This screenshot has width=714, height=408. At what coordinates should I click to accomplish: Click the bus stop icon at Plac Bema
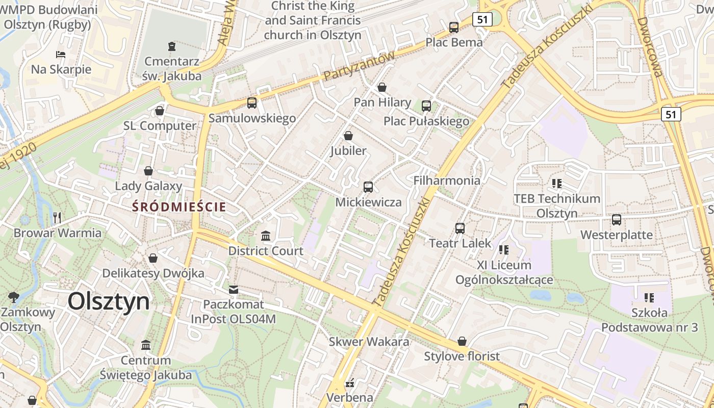[x=453, y=28]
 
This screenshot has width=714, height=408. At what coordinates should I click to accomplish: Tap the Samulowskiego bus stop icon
[x=252, y=103]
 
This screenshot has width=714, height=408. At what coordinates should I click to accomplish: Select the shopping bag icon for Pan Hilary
[x=382, y=87]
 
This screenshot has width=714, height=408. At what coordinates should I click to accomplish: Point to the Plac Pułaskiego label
[x=426, y=121]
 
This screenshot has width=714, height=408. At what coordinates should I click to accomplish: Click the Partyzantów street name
[x=360, y=67]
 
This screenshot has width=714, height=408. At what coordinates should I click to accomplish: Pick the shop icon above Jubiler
[x=348, y=136]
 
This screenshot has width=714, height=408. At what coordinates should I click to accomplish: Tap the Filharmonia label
[x=447, y=181]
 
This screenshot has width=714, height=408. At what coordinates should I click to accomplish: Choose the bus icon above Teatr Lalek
[x=460, y=228]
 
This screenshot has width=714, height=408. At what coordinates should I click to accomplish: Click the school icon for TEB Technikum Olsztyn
[x=556, y=183]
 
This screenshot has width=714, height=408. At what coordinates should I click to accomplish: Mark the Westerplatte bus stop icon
[x=617, y=220]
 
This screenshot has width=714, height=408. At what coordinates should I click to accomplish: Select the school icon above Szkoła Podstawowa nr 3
[x=649, y=297]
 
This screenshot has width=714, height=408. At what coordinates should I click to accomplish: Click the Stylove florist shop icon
[x=462, y=341]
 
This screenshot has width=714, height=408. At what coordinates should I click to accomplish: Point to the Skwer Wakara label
[x=369, y=342]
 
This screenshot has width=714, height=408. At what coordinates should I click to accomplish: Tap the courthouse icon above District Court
[x=266, y=236]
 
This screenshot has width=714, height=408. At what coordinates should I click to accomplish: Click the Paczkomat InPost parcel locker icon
[x=234, y=290]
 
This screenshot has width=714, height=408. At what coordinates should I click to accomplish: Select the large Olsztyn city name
[x=109, y=301]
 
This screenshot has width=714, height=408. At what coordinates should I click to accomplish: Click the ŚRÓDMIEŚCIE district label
[x=178, y=207]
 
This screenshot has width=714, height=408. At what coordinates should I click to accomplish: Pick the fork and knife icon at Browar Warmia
[x=57, y=218]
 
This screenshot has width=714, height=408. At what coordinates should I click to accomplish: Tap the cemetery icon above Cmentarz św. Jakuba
[x=172, y=46]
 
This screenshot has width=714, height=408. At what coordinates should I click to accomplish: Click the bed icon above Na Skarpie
[x=61, y=54]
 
